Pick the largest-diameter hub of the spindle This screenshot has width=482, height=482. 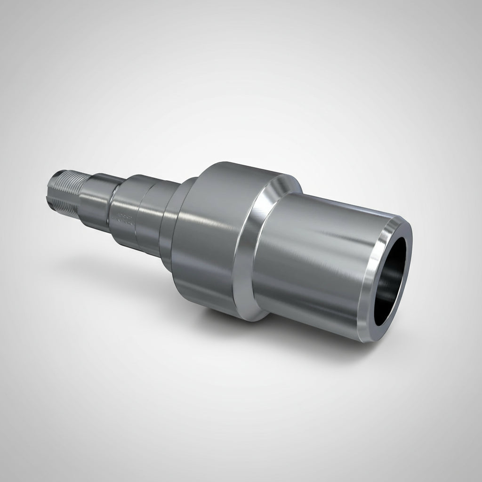tap(212, 235)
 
